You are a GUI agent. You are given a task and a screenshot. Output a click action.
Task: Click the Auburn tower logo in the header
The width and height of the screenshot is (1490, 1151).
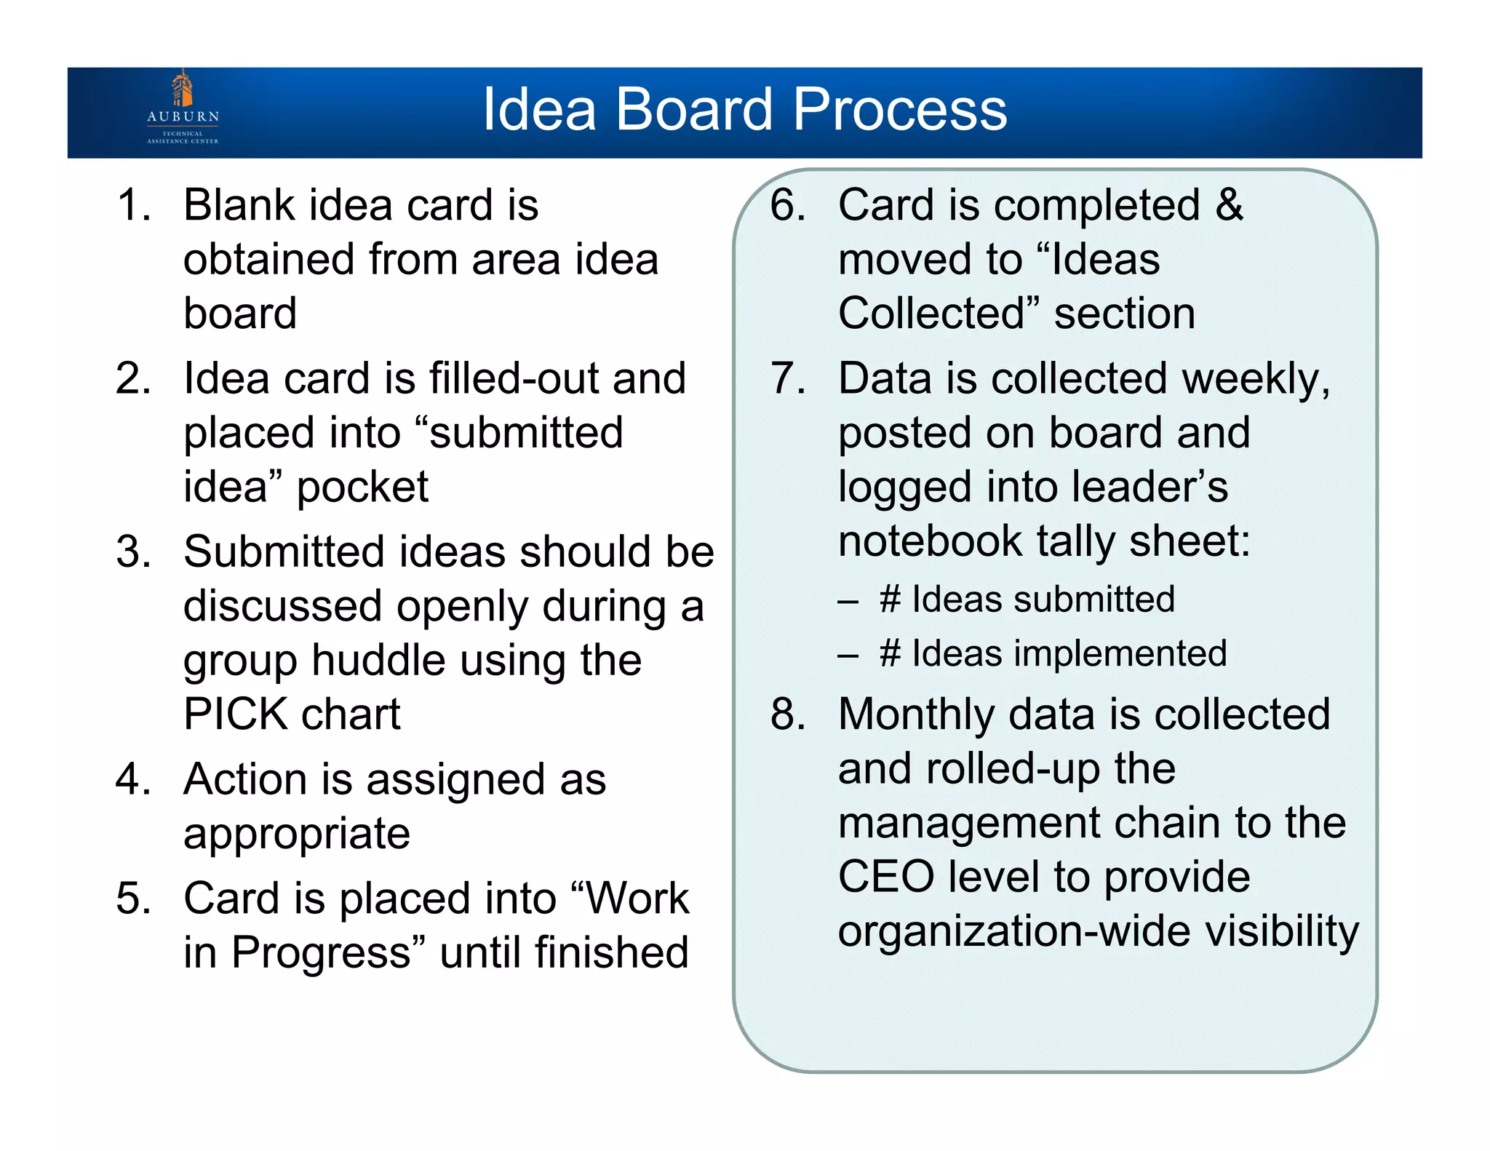click(183, 89)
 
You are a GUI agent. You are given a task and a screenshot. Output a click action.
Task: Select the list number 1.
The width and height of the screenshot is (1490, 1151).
click(133, 205)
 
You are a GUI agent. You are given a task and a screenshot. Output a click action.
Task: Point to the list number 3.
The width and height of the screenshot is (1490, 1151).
click(133, 552)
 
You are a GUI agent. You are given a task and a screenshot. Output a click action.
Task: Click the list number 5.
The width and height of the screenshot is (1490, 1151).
click(133, 899)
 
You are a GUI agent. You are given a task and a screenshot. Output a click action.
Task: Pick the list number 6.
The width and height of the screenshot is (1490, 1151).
click(788, 205)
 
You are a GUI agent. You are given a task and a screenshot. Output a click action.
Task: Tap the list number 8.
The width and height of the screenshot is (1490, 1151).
click(788, 714)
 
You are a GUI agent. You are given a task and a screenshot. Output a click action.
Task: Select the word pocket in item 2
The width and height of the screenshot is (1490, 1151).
click(362, 488)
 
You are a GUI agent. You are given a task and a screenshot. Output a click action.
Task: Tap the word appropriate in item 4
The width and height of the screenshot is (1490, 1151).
click(297, 834)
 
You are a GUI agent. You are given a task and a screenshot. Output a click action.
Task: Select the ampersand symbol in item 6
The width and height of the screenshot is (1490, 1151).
click(1229, 205)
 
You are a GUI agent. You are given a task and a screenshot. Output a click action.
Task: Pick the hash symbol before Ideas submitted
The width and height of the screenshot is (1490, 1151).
click(891, 600)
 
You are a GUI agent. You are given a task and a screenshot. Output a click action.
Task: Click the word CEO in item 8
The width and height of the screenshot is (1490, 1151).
click(886, 877)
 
